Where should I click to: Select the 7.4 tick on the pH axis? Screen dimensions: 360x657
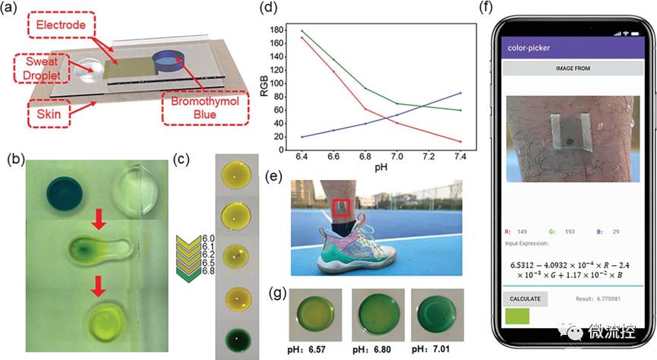point(462,150)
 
